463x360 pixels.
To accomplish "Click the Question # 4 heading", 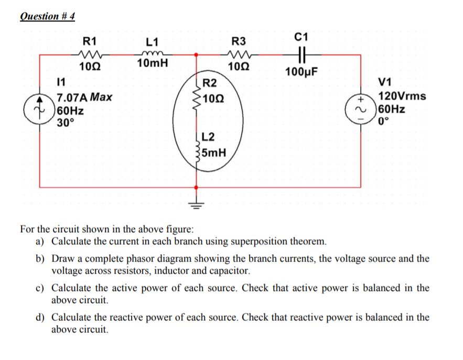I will [x=47, y=16].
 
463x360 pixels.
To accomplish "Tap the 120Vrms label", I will [x=402, y=96].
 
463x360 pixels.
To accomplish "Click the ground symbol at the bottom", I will [x=197, y=204].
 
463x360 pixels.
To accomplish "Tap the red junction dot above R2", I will [x=197, y=54].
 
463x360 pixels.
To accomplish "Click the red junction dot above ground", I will [x=197, y=187].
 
